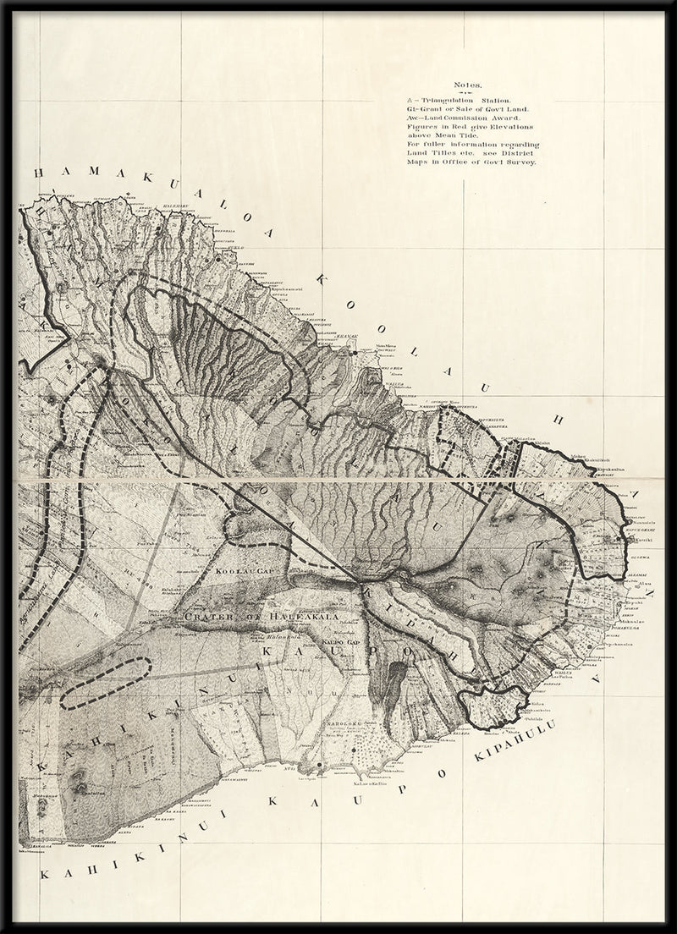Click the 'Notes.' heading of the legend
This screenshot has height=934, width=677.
click(x=467, y=85)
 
